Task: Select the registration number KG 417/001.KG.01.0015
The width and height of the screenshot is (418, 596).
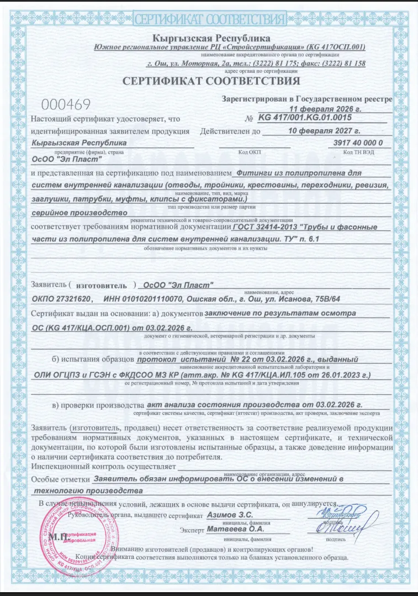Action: pyautogui.click(x=304, y=118)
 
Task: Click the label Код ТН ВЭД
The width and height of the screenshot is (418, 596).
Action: pyautogui.click(x=355, y=151)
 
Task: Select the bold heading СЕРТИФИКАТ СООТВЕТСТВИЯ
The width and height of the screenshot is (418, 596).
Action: pyautogui.click(x=211, y=81)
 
